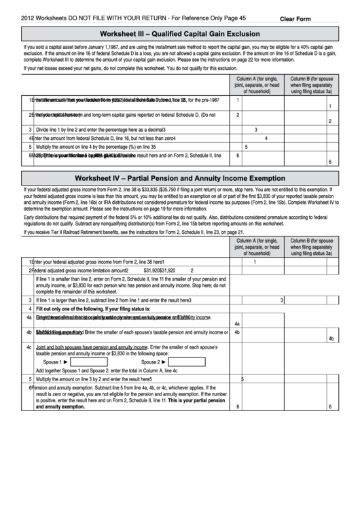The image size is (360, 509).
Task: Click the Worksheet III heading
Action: pyautogui.click(x=179, y=33)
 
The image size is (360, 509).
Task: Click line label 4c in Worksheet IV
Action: pyautogui.click(x=29, y=347)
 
